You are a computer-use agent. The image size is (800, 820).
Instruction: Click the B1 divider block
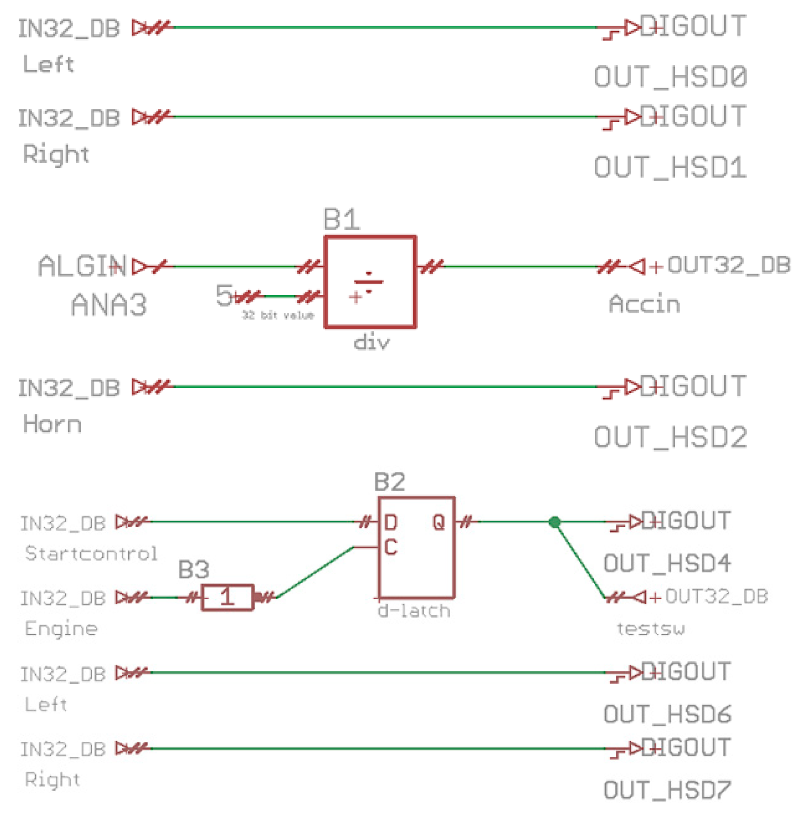tap(369, 281)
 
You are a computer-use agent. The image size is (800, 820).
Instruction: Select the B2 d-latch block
tap(416, 547)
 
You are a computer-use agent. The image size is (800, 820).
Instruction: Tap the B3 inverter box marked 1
tap(227, 597)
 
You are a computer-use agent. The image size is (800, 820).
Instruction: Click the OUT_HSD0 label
tap(670, 77)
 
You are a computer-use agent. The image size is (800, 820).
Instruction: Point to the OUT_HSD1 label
tap(670, 167)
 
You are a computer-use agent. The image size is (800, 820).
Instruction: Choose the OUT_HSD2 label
tap(670, 437)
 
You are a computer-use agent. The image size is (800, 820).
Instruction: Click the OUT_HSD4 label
tap(667, 563)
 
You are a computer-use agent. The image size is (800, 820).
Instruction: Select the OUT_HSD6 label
tap(667, 714)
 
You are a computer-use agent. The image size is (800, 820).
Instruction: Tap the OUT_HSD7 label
tap(667, 790)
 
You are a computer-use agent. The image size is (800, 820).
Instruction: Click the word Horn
tap(52, 424)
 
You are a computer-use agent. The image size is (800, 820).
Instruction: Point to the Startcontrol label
tap(91, 553)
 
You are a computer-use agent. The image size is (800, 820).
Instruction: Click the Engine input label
tap(61, 628)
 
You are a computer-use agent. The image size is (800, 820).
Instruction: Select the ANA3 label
tap(109, 305)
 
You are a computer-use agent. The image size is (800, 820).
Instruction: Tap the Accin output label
tap(644, 304)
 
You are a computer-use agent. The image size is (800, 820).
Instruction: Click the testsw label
tap(650, 628)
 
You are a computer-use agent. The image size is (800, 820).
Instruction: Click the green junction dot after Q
tap(554, 522)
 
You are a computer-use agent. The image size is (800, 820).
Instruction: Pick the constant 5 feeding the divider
tap(223, 296)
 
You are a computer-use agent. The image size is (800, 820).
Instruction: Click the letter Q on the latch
tap(438, 522)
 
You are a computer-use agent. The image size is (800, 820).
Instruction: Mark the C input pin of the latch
tap(390, 547)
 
